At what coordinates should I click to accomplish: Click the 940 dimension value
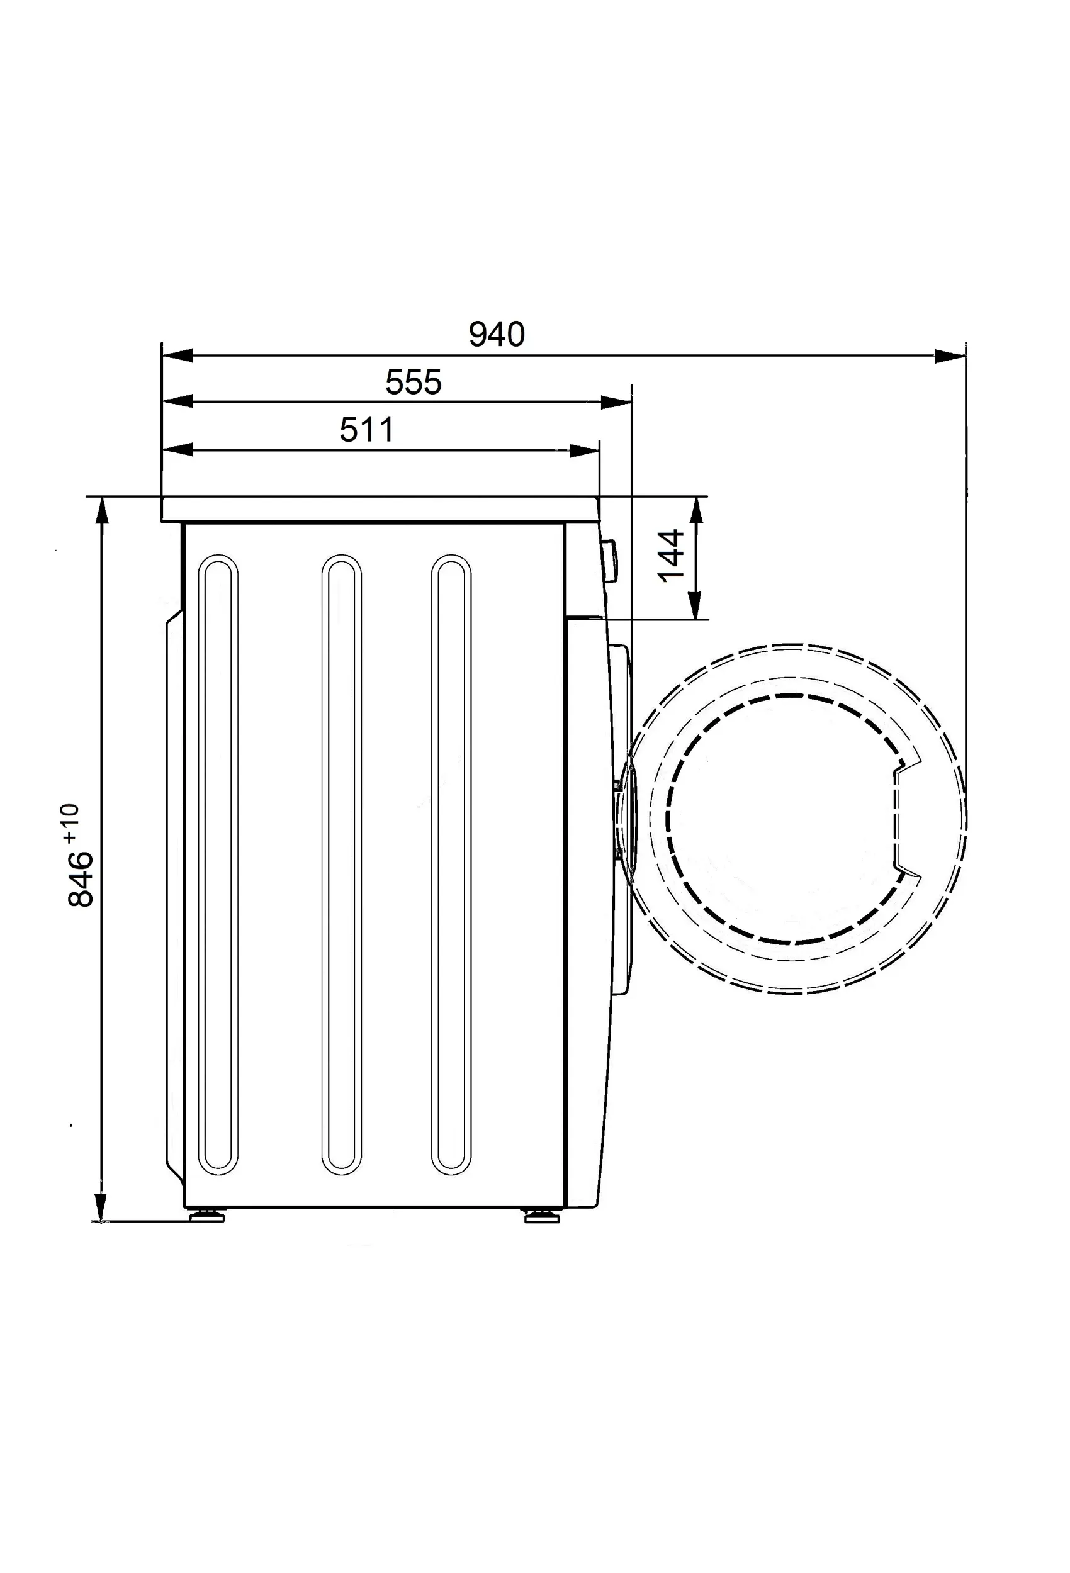tap(497, 334)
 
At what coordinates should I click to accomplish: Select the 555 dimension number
tap(413, 383)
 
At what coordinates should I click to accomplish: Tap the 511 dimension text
tap(366, 430)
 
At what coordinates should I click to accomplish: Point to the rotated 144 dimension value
tap(671, 556)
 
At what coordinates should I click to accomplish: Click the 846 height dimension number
tap(81, 878)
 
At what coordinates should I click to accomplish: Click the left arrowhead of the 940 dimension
tap(177, 355)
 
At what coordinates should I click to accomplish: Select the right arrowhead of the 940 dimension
tap(950, 355)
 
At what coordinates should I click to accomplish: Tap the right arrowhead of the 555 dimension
tap(616, 403)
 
